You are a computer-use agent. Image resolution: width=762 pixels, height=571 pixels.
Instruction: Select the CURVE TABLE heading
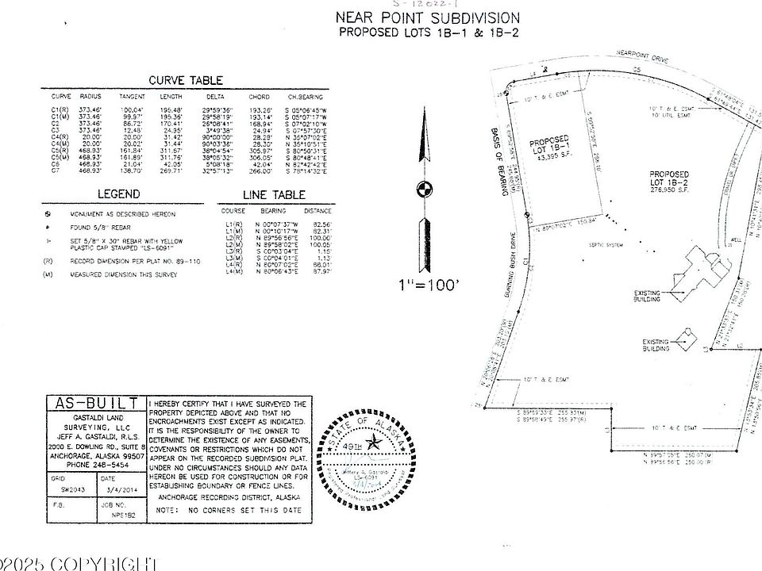tap(186, 80)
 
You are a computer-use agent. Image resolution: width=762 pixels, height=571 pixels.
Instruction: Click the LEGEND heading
tap(119, 194)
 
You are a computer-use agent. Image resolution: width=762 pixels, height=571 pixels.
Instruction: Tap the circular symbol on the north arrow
tap(423, 189)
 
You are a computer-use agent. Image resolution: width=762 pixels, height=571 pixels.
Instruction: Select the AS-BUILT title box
tap(96, 403)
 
